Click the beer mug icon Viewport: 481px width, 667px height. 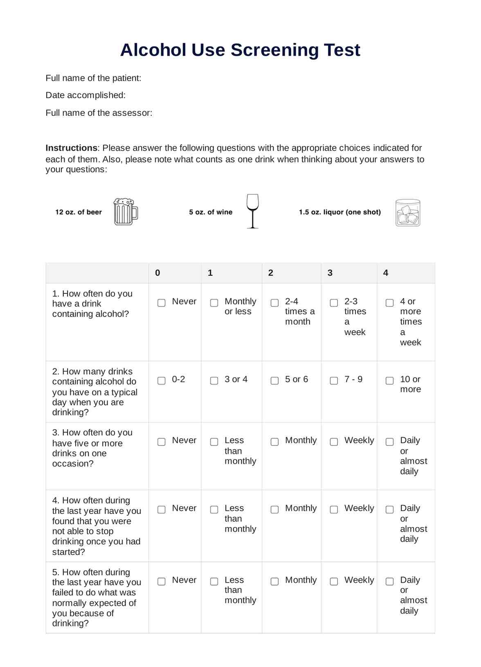[126, 212]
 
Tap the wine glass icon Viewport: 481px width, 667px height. [253, 211]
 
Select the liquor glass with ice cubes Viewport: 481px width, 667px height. [408, 213]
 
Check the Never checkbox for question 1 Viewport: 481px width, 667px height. [162, 303]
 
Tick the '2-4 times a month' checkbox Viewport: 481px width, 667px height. [275, 303]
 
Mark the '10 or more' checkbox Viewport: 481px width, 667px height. [390, 381]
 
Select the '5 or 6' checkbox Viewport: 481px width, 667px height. [275, 381]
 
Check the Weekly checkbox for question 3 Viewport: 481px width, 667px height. [334, 442]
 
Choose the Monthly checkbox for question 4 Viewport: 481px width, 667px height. [275, 509]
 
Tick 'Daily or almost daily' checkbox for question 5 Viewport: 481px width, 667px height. [390, 581]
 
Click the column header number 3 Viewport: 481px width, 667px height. [330, 273]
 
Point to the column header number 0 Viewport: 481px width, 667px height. [157, 273]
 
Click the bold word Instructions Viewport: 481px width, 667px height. [72, 148]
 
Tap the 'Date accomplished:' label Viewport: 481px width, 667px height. [85, 95]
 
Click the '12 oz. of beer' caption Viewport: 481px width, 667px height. [79, 212]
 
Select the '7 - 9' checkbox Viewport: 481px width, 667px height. [334, 381]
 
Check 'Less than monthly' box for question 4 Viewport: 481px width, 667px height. [214, 509]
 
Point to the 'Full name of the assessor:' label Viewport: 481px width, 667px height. [99, 113]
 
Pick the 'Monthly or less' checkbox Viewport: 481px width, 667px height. [214, 303]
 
